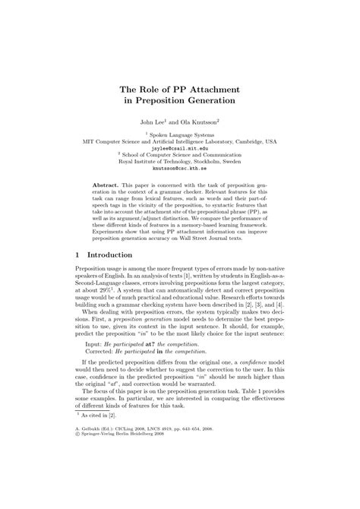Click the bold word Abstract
point(107,185)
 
